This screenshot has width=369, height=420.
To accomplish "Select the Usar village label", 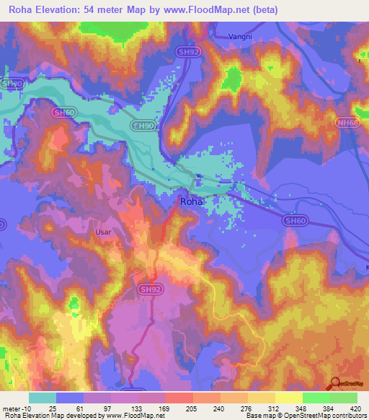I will pyautogui.click(x=103, y=233).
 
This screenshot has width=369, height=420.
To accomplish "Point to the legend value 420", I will pyautogui.click(x=357, y=408).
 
